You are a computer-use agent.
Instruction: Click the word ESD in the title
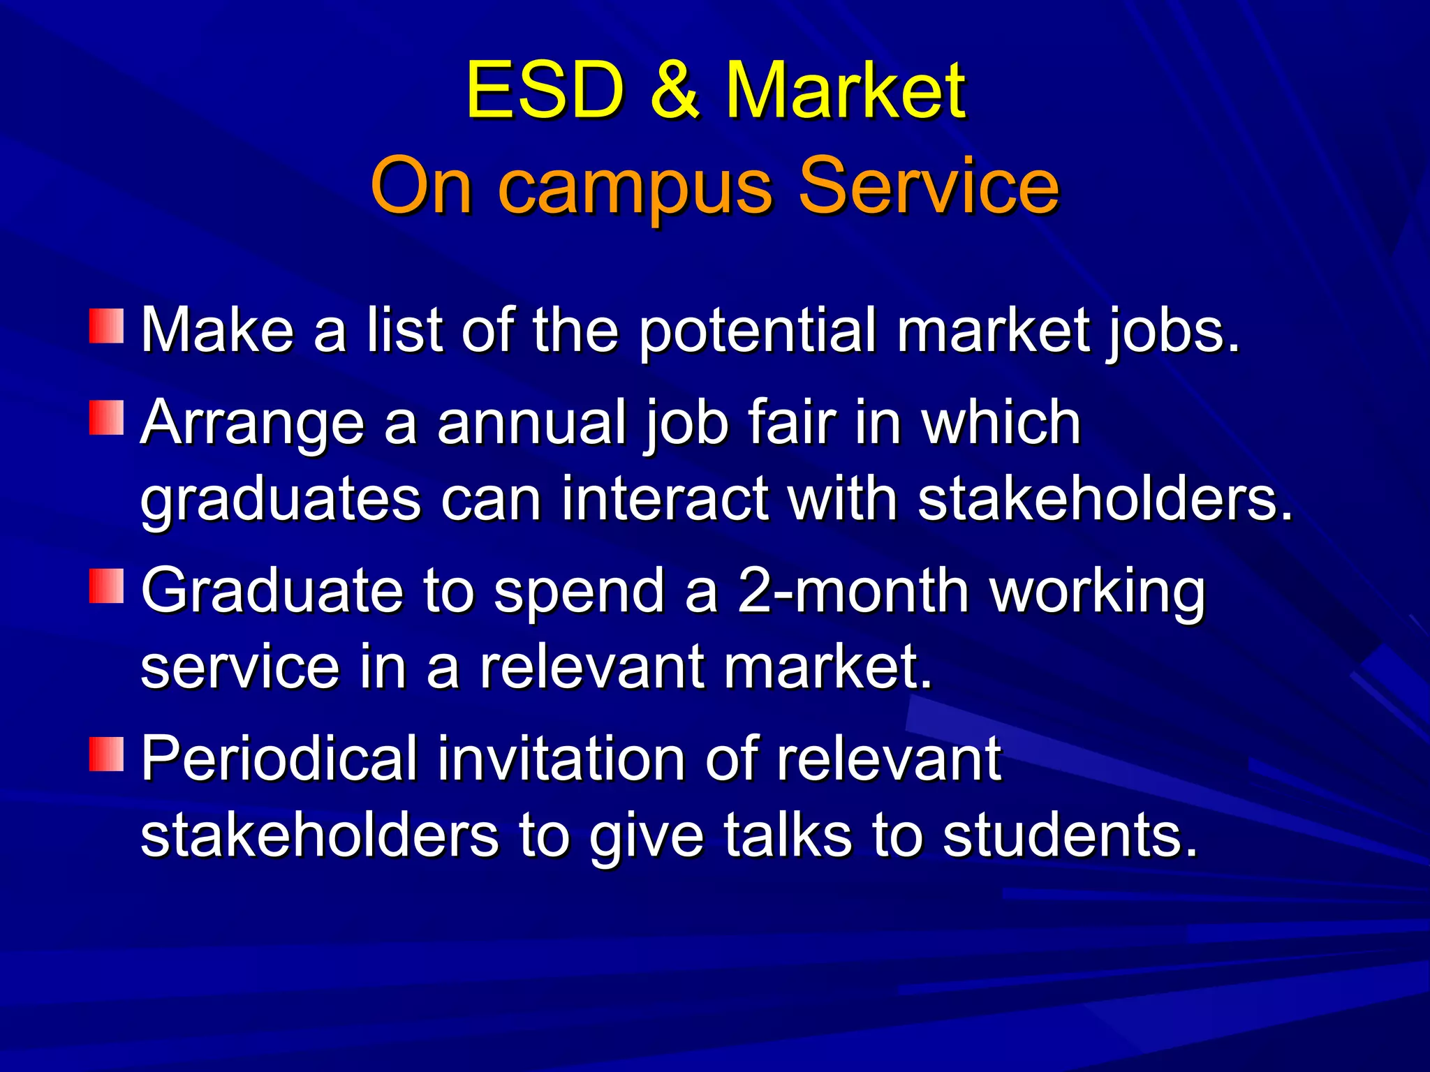point(545,91)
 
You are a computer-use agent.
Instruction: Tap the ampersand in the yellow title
point(675,91)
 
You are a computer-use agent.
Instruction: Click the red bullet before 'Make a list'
point(106,326)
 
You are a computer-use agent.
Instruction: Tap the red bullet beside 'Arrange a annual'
point(106,417)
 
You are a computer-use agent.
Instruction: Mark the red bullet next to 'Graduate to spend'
point(106,586)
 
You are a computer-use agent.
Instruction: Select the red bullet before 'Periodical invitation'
point(106,753)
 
